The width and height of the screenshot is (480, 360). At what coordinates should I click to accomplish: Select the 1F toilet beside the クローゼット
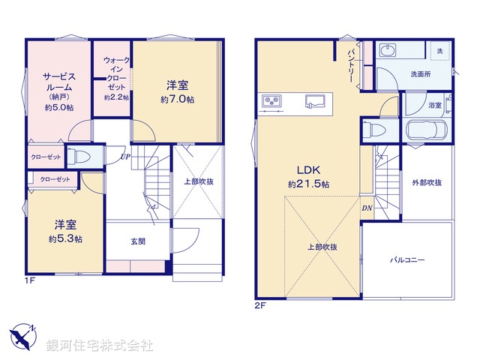click(80, 157)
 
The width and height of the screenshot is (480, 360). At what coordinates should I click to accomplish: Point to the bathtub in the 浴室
click(426, 130)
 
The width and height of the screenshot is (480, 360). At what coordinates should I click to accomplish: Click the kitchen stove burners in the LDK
click(271, 100)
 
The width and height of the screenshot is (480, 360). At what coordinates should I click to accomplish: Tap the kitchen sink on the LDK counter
click(313, 100)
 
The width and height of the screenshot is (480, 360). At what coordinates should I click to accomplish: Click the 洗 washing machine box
click(439, 49)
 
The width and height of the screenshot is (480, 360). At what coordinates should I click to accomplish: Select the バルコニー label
click(407, 260)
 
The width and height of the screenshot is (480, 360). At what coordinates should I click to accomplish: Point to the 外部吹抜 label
click(427, 183)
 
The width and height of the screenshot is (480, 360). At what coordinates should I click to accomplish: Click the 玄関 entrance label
click(138, 241)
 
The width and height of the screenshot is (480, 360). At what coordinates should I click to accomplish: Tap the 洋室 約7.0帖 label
click(177, 91)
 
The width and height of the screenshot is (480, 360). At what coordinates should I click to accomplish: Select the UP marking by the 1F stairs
click(124, 157)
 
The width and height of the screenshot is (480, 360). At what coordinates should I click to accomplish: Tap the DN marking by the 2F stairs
click(367, 208)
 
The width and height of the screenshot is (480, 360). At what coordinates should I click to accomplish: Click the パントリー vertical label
click(350, 65)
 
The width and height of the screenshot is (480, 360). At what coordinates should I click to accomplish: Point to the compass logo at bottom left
click(24, 336)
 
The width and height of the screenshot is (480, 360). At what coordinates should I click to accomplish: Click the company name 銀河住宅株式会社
click(99, 346)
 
